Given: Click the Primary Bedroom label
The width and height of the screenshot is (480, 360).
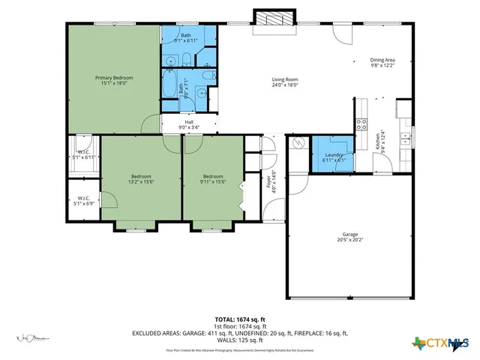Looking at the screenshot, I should tap(114, 80).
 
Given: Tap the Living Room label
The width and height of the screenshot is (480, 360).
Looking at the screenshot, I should tap(285, 82).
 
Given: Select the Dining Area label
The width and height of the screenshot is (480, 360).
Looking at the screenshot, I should tap(382, 63).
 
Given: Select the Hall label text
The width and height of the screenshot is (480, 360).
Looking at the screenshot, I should tap(188, 125).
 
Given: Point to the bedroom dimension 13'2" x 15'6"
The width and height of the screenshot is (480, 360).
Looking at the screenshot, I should tap(141, 181).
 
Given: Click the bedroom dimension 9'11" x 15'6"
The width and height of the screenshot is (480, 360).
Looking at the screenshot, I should tap(214, 181).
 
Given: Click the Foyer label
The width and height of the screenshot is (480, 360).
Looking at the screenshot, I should tap(274, 182).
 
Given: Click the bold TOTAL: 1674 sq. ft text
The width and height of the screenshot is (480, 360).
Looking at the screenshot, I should tap(240, 319).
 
